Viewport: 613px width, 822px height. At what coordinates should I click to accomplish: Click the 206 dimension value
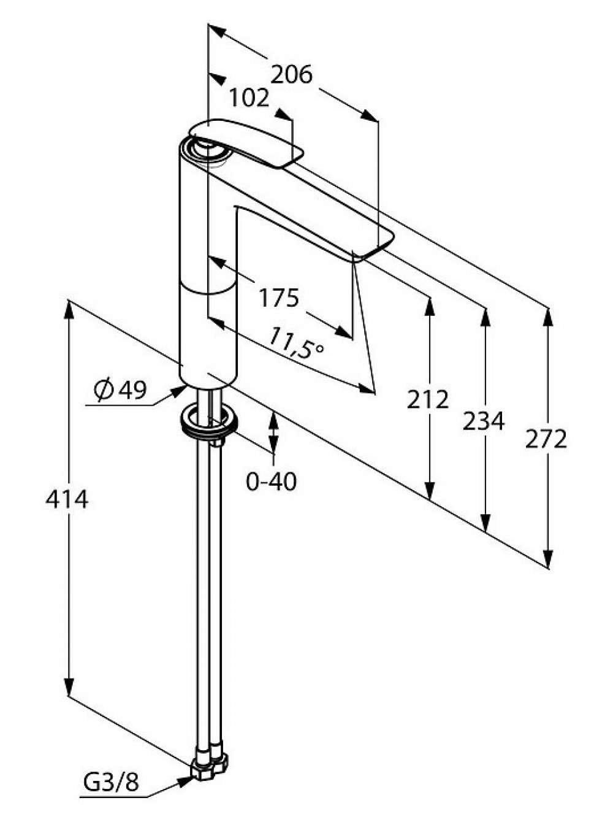coord(291,74)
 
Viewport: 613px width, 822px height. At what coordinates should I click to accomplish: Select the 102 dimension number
coord(249,98)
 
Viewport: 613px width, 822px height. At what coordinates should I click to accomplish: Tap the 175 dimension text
coord(279,298)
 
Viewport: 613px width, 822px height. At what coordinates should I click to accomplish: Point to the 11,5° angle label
coord(295,344)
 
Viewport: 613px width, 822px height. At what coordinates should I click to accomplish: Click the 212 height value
coord(427,399)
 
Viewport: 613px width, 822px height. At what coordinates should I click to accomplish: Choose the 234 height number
coord(484,421)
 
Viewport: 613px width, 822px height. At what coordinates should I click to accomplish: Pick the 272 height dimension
coord(546,439)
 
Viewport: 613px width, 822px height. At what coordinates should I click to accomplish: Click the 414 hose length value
coord(67,499)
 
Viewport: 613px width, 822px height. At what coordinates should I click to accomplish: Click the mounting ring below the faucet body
coord(209,420)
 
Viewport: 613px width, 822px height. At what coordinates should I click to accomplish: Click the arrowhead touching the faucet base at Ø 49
coord(180,392)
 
